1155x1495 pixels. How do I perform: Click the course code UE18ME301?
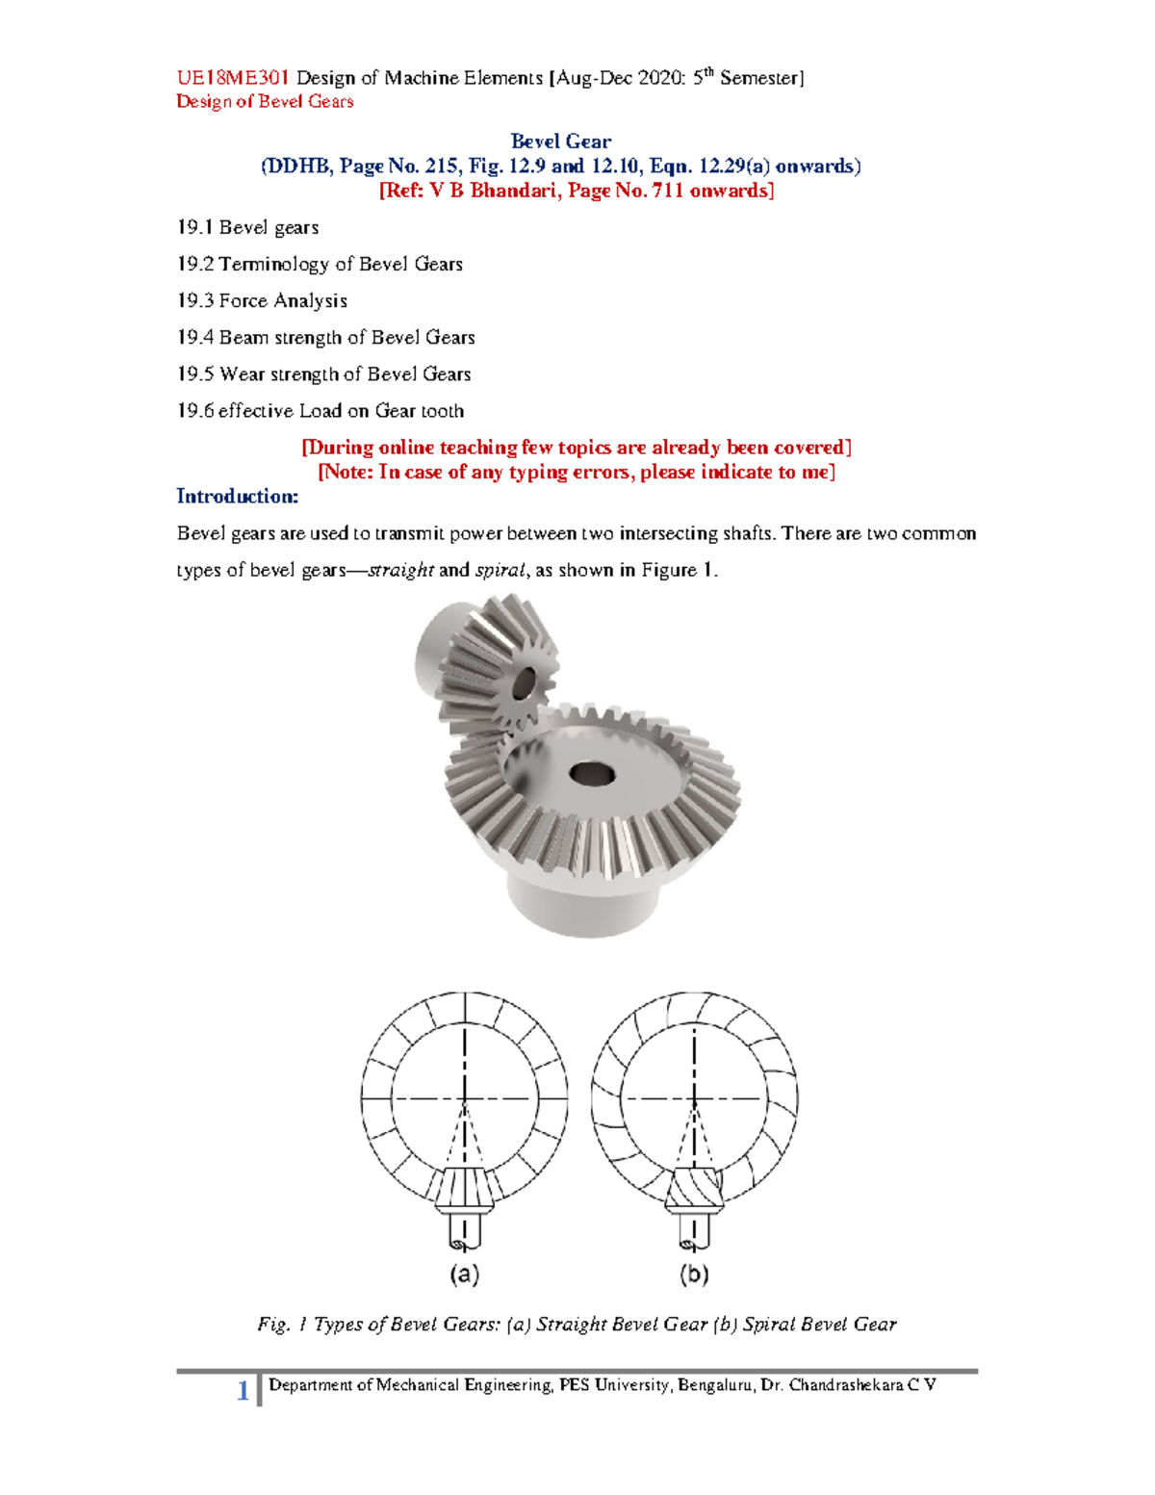pyautogui.click(x=232, y=78)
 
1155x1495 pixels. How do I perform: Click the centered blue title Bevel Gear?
pyautogui.click(x=560, y=142)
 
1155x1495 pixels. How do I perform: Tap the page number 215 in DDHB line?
pyautogui.click(x=440, y=167)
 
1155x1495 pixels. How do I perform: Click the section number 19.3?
pyautogui.click(x=194, y=301)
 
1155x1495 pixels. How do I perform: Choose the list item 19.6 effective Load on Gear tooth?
pyautogui.click(x=320, y=411)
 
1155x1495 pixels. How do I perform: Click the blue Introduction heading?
pyautogui.click(x=237, y=497)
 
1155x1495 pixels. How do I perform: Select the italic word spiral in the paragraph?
pyautogui.click(x=500, y=570)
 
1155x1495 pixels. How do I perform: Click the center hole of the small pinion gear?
pyautogui.click(x=525, y=683)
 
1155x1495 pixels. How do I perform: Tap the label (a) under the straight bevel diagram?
pyautogui.click(x=465, y=1275)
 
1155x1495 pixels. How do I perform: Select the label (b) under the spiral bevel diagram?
pyautogui.click(x=694, y=1275)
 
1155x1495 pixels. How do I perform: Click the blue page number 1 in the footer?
pyautogui.click(x=243, y=1390)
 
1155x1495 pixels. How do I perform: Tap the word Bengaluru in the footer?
pyautogui.click(x=715, y=1385)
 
